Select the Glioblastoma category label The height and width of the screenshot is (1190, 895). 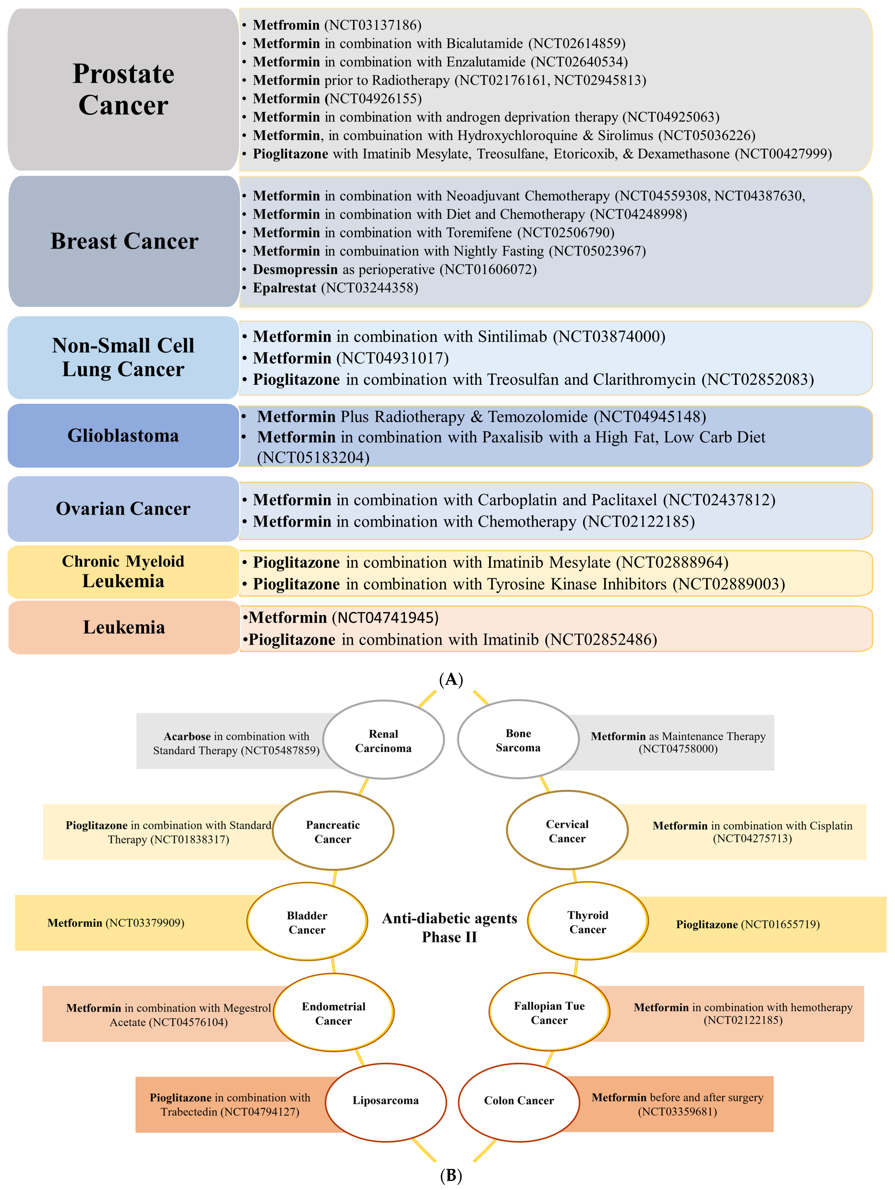123,435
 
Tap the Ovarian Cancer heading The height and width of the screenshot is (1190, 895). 123,508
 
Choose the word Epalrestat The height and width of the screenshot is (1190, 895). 284,288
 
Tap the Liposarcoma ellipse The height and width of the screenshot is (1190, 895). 385,1100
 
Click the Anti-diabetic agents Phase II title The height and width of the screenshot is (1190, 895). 449,927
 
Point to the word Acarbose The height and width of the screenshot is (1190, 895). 187,736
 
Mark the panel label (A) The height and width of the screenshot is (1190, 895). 450,679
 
